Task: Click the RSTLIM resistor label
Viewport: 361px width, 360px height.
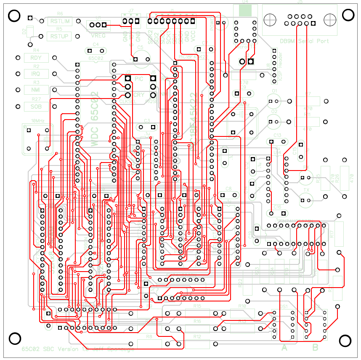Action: pyautogui.click(x=60, y=21)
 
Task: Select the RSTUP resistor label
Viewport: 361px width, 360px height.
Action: pyautogui.click(x=60, y=36)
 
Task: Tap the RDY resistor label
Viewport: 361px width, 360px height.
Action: pyautogui.click(x=36, y=58)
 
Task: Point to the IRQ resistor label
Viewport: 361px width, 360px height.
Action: pyautogui.click(x=36, y=74)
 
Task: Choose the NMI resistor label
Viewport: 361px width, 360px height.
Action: pyautogui.click(x=36, y=90)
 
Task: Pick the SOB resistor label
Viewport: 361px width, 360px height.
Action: pyautogui.click(x=36, y=107)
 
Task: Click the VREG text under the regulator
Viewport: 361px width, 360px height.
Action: pyautogui.click(x=98, y=36)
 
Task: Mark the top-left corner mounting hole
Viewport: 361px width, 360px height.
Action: pyautogui.click(x=14, y=16)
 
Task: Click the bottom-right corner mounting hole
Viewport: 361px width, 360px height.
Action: pyautogui.click(x=346, y=341)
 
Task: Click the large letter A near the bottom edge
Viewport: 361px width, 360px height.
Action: pyautogui.click(x=284, y=348)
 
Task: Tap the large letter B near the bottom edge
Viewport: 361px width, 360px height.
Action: pyautogui.click(x=315, y=348)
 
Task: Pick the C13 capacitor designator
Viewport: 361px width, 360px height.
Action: pyautogui.click(x=277, y=136)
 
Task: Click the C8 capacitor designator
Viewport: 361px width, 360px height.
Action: pyautogui.click(x=228, y=189)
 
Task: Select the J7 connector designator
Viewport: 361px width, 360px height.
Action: pyautogui.click(x=131, y=11)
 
